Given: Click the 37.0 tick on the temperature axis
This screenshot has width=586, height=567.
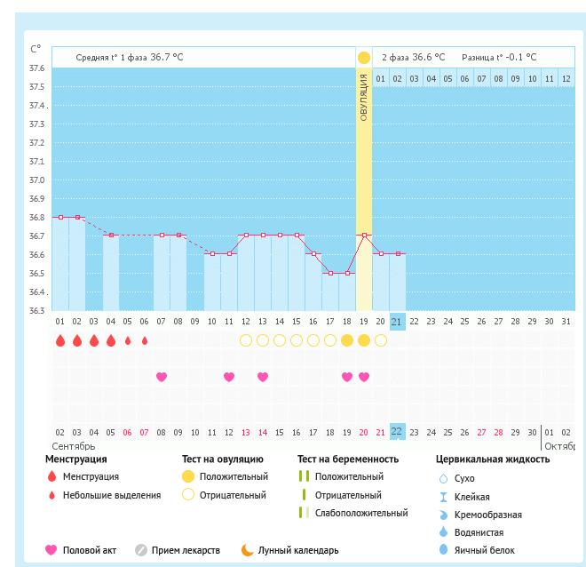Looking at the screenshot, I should coord(37,180).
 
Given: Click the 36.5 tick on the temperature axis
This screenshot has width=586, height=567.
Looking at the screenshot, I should coord(37,273).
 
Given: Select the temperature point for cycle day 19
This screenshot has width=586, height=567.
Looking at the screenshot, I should coord(363,236).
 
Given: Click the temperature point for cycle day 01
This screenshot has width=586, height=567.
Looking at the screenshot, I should coord(60,217).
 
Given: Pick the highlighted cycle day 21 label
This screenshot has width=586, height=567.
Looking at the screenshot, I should coord(397,322).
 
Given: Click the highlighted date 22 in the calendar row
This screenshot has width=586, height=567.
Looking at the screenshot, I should coord(397,433).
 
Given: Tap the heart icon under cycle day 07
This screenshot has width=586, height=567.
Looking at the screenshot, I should coord(162,377).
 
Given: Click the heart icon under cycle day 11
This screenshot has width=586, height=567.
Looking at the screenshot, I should coord(229,377).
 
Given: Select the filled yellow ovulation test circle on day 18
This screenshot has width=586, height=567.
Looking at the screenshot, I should coord(346,340).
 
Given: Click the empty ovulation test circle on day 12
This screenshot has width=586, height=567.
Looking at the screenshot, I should coord(246,340).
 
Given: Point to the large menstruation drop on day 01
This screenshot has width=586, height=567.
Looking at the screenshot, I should coord(60,340).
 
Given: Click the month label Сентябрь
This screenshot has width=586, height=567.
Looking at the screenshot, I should coord(73,446).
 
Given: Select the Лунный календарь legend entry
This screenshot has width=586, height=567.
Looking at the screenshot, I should coord(297,551).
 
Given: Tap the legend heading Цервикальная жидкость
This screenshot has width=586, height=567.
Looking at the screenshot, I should coord(492,459).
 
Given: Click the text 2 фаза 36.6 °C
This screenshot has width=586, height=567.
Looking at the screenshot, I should coord(413,58).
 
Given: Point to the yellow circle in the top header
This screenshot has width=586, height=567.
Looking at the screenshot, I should coord(363,58).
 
